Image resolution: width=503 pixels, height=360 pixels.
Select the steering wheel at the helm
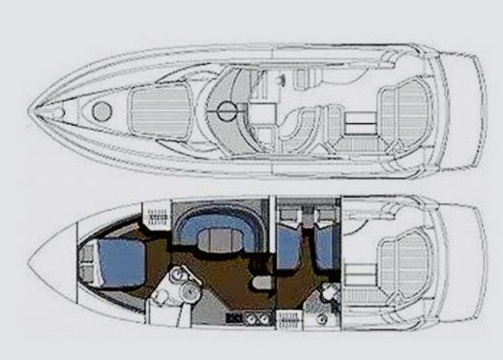227,110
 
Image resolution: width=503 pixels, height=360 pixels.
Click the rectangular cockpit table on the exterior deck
358,122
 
